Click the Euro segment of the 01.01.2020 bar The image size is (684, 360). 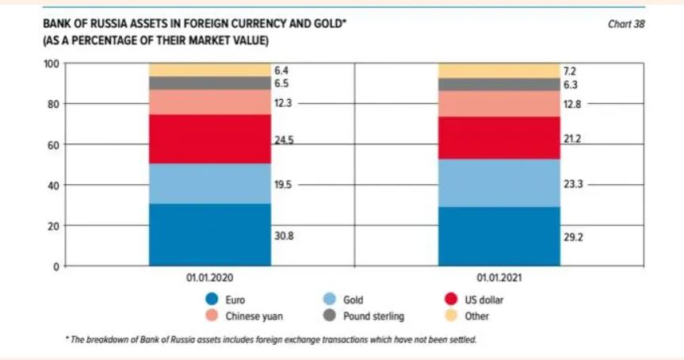[210, 235]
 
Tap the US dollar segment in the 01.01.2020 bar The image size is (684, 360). [210, 139]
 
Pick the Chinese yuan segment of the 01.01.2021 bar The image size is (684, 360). [499, 103]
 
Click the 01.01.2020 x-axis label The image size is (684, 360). [209, 279]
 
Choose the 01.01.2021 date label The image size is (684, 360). [499, 279]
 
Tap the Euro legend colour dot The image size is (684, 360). [211, 300]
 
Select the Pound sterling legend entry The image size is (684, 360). [373, 316]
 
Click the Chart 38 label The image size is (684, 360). [626, 25]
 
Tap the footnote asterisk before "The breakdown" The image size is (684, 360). [67, 339]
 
